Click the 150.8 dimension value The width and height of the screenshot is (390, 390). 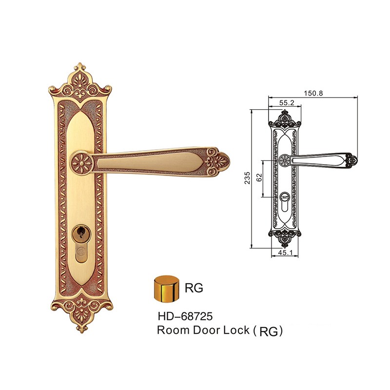(x=313, y=93)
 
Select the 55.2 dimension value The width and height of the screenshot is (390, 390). (x=287, y=103)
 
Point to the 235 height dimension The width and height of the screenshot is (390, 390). (x=247, y=177)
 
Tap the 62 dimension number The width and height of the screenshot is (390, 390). (x=259, y=177)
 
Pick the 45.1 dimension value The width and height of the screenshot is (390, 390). (x=285, y=253)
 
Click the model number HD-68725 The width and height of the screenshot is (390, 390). (x=185, y=316)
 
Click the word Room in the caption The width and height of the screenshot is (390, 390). (x=173, y=330)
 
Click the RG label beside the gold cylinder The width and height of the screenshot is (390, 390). (x=194, y=288)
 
